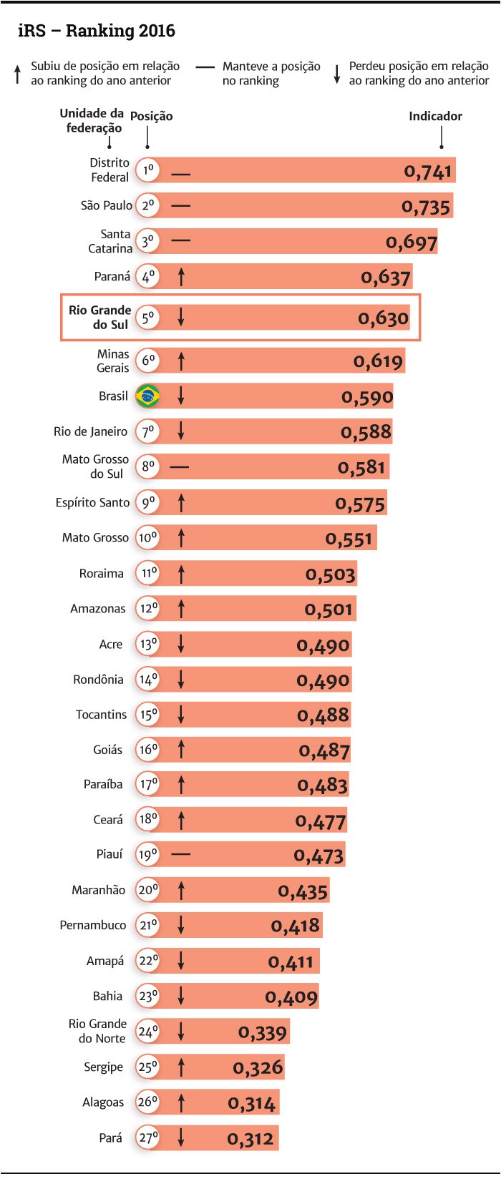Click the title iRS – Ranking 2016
point(97,31)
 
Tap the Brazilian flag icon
point(148,396)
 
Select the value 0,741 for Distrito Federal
point(428,172)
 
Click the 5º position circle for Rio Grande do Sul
point(147,317)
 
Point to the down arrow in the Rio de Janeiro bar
point(181,431)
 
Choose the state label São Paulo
point(106,205)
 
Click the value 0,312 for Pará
point(250,1138)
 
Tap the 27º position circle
point(147,1137)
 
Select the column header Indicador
point(435,116)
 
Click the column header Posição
point(151,116)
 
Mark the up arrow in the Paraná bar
point(181,276)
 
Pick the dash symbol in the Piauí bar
point(181,854)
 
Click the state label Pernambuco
point(93,925)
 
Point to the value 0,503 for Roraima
point(331,574)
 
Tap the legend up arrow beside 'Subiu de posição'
point(18,74)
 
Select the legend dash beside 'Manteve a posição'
point(205,67)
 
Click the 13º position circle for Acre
point(147,644)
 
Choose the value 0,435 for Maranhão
point(303,891)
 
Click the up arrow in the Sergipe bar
point(181,1067)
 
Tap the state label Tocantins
point(101,714)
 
